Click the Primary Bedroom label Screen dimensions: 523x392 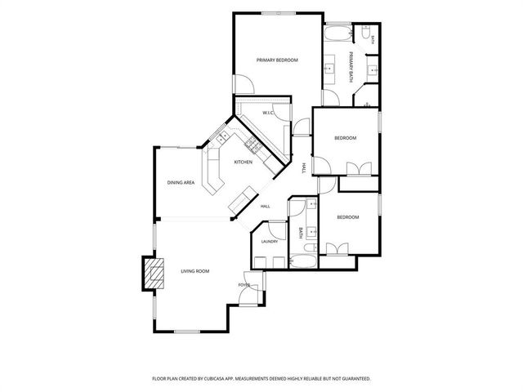(277, 60)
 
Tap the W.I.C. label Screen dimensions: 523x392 (268, 113)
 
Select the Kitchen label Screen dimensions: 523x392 (244, 162)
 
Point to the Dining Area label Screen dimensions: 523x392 (181, 183)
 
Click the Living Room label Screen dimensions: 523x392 (195, 271)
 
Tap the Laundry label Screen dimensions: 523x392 (270, 242)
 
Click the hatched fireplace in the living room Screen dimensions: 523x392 (154, 274)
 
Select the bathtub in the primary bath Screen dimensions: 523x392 (337, 34)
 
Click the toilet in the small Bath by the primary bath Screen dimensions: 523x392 (365, 33)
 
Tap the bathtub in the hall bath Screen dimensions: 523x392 (303, 261)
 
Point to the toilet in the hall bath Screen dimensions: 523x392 (311, 247)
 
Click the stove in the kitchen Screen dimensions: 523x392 (253, 145)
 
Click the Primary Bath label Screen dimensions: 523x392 (351, 67)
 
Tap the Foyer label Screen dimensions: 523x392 (244, 285)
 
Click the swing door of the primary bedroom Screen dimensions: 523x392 (245, 84)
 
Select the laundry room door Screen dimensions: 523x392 (278, 230)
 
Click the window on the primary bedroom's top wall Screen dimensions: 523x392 (279, 13)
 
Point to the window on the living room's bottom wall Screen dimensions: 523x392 (187, 332)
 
